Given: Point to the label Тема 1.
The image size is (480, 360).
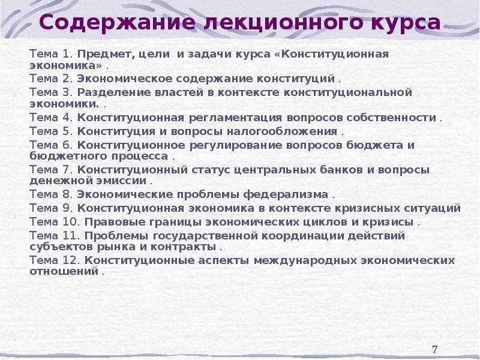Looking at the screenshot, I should [x=50, y=54].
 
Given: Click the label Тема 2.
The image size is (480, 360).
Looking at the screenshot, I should [x=50, y=79].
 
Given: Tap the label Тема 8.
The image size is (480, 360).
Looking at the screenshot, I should [x=50, y=195].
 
